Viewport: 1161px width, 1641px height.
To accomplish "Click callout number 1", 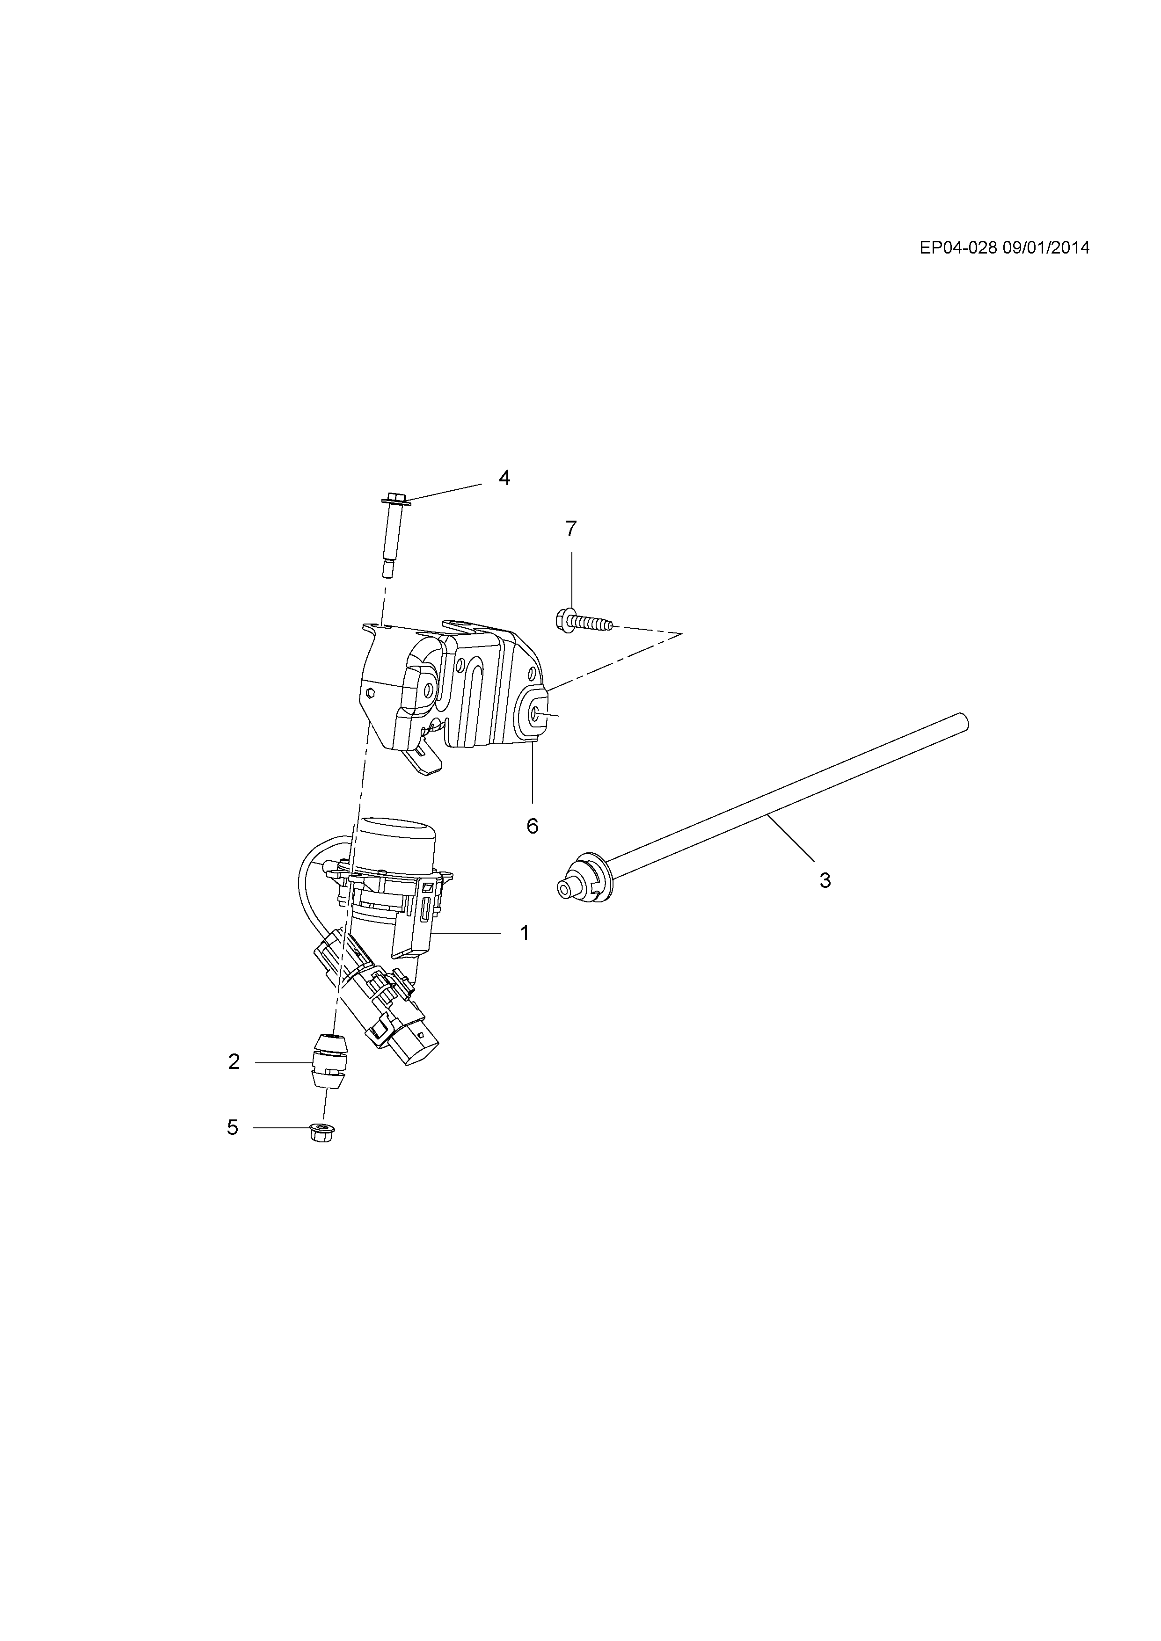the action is [x=524, y=933].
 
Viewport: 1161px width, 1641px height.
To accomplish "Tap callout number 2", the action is [x=234, y=1062].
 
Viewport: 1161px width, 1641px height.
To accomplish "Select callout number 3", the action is [x=825, y=880].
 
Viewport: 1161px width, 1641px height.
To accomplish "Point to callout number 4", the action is [x=505, y=478].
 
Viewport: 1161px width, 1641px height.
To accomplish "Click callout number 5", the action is [x=233, y=1128].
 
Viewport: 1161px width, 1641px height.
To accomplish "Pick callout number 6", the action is [x=532, y=826].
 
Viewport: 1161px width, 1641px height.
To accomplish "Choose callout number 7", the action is [x=570, y=529].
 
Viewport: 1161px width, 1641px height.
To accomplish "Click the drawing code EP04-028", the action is [x=958, y=248].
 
